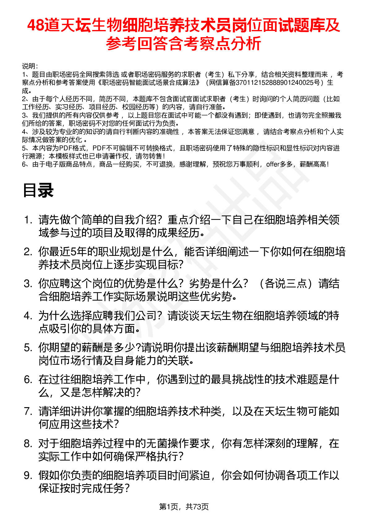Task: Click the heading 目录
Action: (x=38, y=190)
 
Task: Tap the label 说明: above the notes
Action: (x=30, y=66)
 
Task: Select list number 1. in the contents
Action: (x=28, y=220)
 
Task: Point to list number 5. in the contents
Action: (x=28, y=348)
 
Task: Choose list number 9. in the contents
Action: (x=28, y=476)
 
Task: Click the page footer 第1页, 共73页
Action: (x=184, y=507)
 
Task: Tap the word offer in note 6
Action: (x=272, y=164)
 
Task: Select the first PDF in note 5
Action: (x=65, y=148)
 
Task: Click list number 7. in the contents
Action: (x=28, y=411)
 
